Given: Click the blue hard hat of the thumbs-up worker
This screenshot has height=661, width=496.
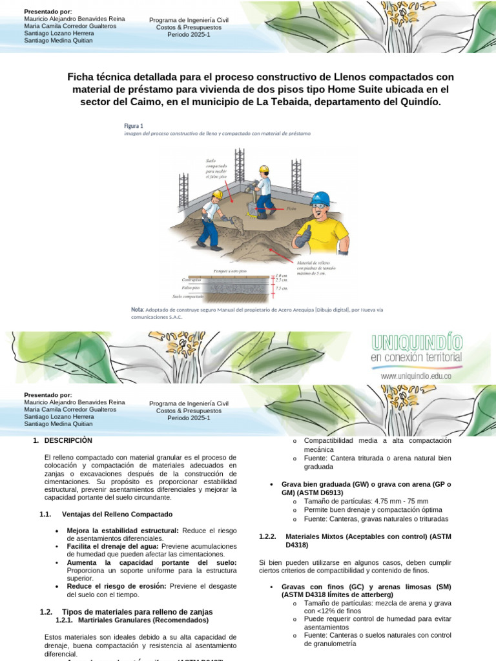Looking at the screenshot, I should click(x=320, y=198).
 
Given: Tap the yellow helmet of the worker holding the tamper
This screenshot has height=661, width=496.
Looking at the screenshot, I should click(x=263, y=169).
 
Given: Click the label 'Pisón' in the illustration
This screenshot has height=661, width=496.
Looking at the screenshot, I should click(x=291, y=209).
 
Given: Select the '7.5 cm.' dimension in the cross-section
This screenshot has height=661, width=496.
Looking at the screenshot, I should click(x=282, y=289).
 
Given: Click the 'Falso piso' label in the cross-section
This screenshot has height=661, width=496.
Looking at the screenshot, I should click(x=191, y=287).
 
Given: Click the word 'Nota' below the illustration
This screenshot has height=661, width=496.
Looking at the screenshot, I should click(x=137, y=310).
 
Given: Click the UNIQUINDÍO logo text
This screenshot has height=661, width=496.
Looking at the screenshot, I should click(x=417, y=341).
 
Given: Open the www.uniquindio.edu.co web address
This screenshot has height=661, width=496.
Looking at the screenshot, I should click(x=415, y=375).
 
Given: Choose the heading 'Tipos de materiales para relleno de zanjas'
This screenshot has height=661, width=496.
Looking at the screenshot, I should click(x=137, y=611).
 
